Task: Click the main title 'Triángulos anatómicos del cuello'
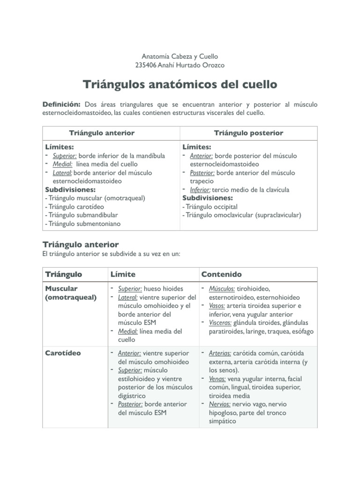tap(180, 85)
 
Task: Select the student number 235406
tap(145, 65)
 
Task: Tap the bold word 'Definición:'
tap(62, 104)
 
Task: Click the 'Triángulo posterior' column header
tap(248, 133)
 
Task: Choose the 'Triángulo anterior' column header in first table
tap(102, 133)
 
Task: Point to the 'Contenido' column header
tap(221, 274)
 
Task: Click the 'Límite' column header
tap(122, 274)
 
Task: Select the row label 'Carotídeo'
tap(63, 353)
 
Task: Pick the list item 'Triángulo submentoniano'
tap(84, 224)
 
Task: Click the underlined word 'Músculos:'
tap(223, 289)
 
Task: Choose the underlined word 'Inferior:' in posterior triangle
tap(200, 190)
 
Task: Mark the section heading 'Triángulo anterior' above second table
tap(80, 245)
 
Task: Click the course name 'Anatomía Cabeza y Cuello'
tap(180, 56)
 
